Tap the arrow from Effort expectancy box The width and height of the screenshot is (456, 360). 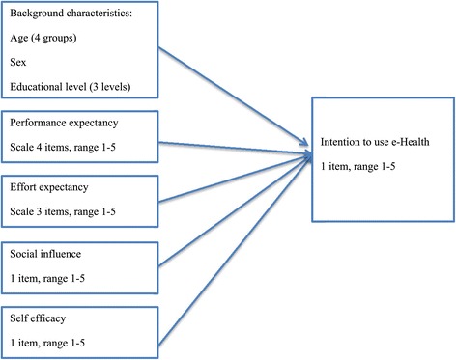point(242,180)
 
